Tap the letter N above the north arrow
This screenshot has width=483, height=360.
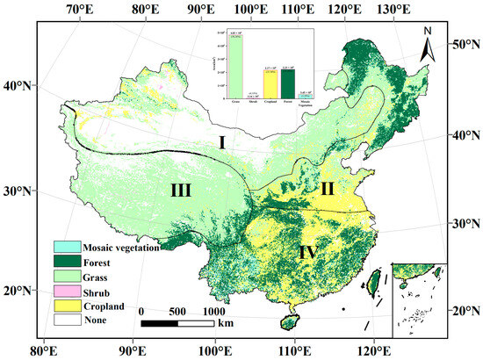(x=427, y=32)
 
